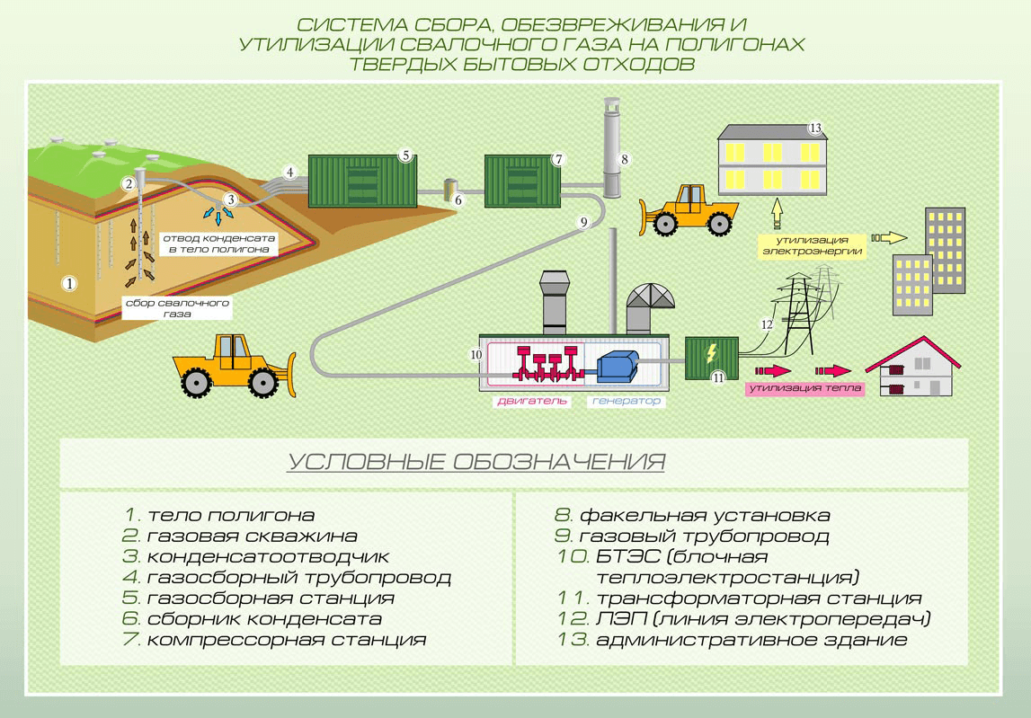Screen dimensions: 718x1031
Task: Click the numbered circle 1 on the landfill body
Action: [69, 282]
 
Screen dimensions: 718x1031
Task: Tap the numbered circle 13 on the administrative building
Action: [815, 128]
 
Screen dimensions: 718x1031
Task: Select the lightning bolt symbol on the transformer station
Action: [712, 352]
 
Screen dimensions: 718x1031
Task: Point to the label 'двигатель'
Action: [533, 402]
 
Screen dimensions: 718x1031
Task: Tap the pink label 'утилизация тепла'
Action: [804, 389]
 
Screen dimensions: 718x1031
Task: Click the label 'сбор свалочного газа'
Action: [177, 309]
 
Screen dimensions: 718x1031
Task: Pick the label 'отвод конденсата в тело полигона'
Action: [219, 243]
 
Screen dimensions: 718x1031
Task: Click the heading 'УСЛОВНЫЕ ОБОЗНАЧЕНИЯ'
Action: [476, 463]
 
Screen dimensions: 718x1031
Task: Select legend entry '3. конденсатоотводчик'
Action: [256, 557]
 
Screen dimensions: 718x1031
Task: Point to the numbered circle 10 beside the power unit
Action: [476, 355]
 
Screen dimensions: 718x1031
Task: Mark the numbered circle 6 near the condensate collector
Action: [458, 200]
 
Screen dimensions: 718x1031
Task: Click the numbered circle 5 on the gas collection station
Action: [405, 155]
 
